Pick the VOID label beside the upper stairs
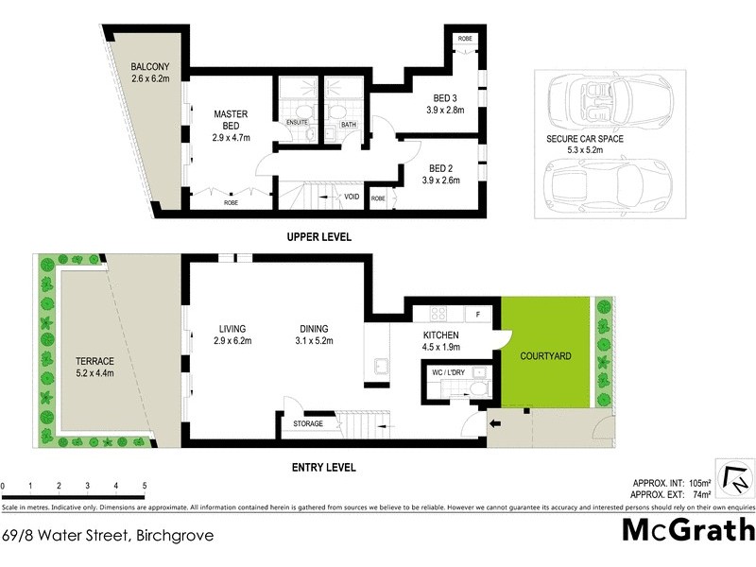tap(352, 197)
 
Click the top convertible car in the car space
tap(597, 96)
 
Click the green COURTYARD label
tap(545, 357)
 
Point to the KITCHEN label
tap(440, 335)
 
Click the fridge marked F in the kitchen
tap(479, 313)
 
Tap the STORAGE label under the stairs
tap(308, 423)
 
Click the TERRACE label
tap(94, 362)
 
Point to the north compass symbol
tap(733, 478)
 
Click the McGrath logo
tap(688, 531)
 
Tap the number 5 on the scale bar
tap(145, 486)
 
